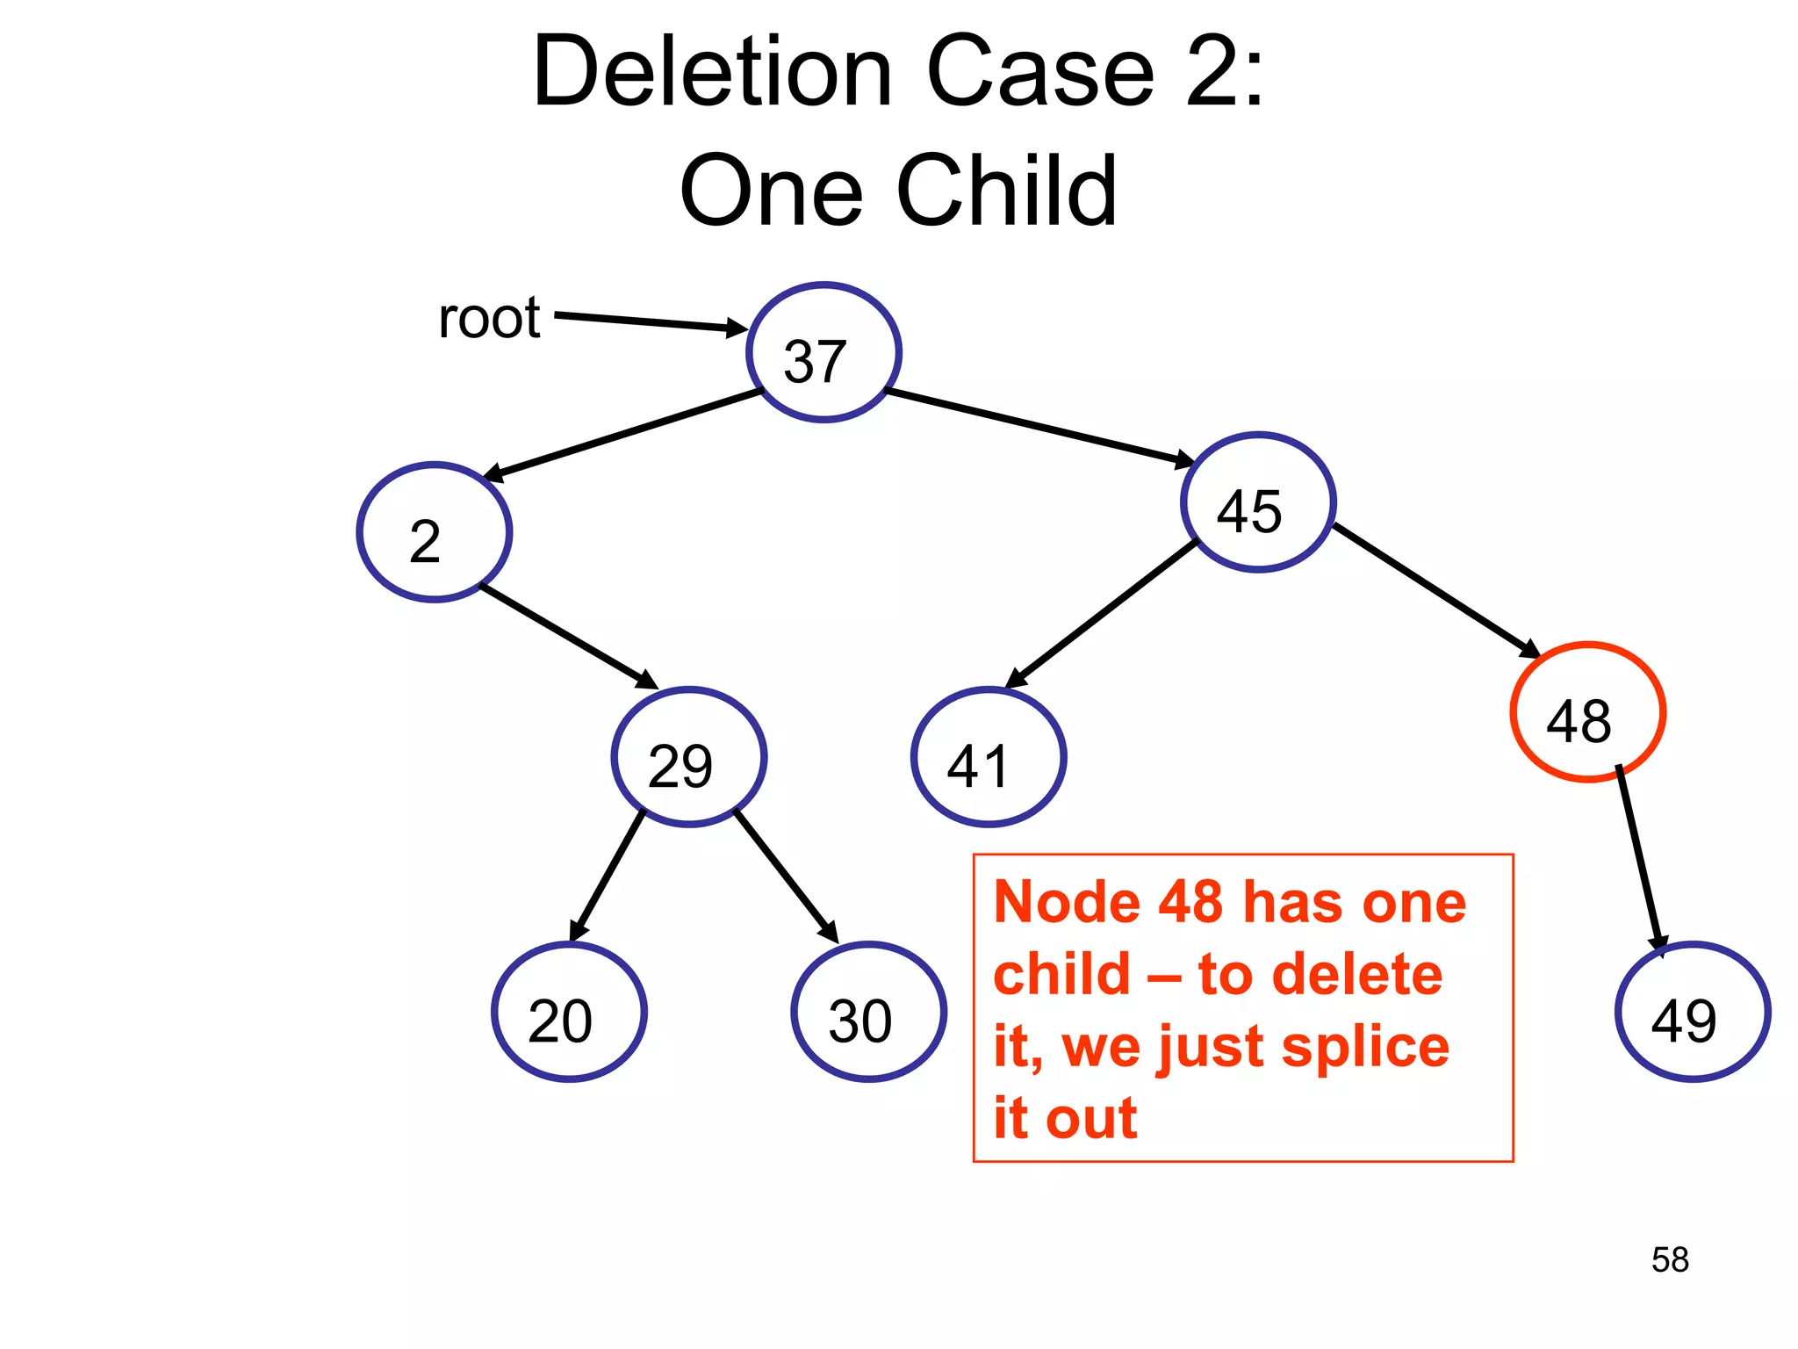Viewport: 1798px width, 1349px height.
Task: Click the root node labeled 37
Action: [x=823, y=352]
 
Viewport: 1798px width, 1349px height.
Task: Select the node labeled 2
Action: [x=435, y=532]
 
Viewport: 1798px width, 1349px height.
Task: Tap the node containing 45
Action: [x=1258, y=502]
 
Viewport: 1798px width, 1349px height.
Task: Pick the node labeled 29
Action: [x=689, y=757]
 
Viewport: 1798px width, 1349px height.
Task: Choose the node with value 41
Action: [x=989, y=757]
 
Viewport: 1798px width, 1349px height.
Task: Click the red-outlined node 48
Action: [x=1587, y=712]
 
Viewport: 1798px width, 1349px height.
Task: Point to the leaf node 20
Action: [x=569, y=1012]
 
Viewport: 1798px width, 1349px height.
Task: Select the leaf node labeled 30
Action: [x=868, y=1012]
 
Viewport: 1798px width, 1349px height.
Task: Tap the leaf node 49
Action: [x=1692, y=1012]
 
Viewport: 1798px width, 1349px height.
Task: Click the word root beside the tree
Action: [x=489, y=318]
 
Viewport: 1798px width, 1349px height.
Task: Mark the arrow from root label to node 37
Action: [x=650, y=322]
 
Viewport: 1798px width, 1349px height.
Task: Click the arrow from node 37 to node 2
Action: [x=623, y=436]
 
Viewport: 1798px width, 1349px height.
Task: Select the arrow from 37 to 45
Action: [x=1040, y=427]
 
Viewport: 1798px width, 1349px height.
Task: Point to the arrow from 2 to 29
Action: [x=569, y=637]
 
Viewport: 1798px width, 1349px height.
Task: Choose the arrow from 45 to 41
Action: [x=1102, y=614]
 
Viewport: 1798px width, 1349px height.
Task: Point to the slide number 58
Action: [x=1670, y=1259]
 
